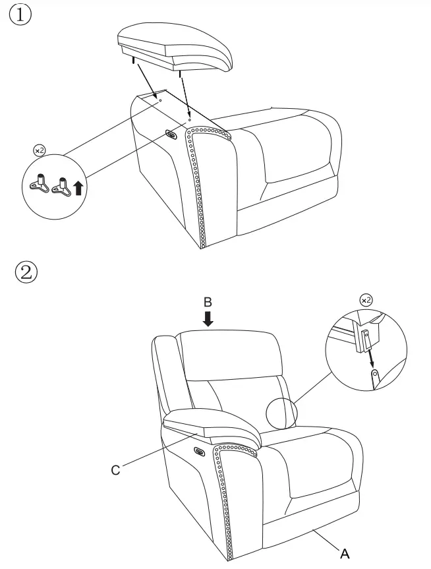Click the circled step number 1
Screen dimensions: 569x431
point(20,15)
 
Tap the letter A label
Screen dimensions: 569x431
point(345,553)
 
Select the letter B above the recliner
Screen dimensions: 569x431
point(208,301)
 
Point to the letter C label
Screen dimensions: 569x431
point(115,469)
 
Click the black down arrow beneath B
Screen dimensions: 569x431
point(208,319)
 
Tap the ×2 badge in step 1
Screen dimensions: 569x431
point(40,150)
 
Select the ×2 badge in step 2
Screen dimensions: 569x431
point(366,300)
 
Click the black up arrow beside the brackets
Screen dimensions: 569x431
point(78,189)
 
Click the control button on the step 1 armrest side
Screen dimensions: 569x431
point(171,135)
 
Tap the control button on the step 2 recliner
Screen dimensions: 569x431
point(198,452)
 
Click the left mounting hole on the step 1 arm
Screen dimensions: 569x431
point(159,101)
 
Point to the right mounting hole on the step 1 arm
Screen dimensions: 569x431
point(190,120)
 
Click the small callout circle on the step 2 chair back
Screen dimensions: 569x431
point(282,413)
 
